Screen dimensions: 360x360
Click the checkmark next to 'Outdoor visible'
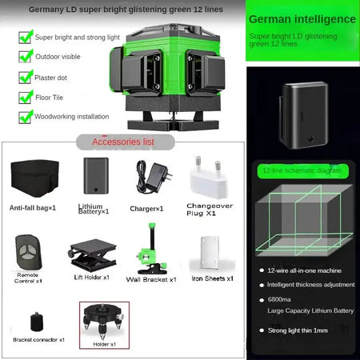pos(25,58)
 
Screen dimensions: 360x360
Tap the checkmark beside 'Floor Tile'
pos(25,97)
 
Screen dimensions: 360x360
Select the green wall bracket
pos(149,248)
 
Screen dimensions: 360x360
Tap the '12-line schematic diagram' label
pos(296,170)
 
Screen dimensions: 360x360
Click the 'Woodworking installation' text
pos(72,116)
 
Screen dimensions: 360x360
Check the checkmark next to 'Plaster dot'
pos(25,78)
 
